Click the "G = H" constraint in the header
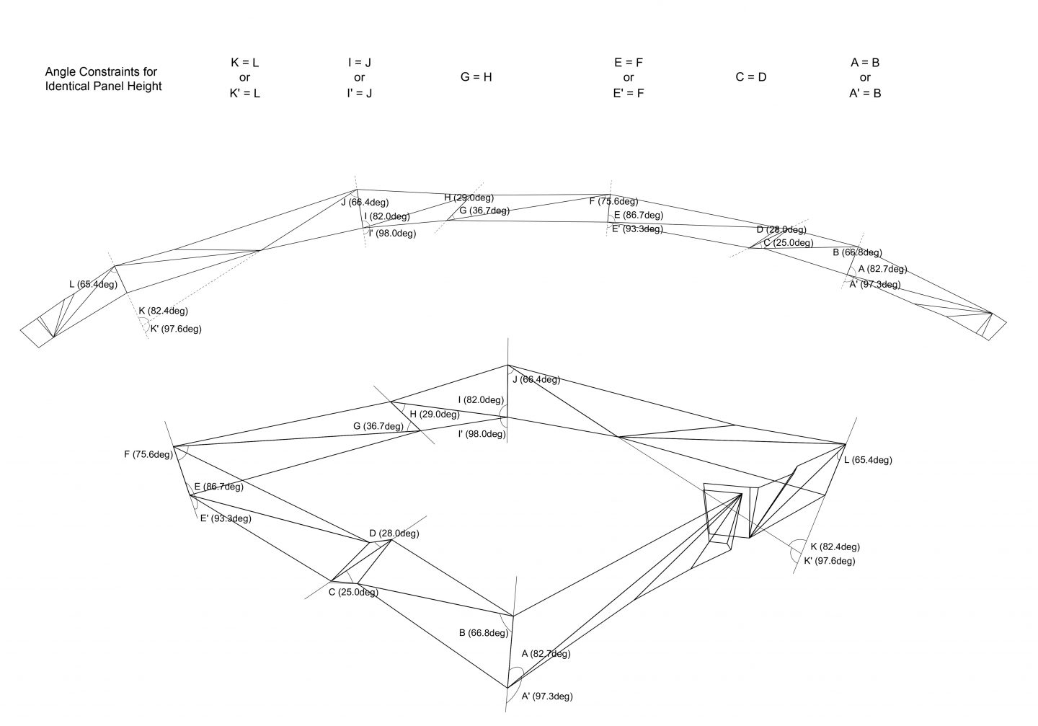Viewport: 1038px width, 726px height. pos(476,77)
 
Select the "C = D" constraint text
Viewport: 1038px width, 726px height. pos(751,77)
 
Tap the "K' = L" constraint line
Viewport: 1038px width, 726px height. pos(244,93)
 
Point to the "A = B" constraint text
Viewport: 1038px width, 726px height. pos(865,62)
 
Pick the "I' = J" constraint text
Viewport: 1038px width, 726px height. pos(359,93)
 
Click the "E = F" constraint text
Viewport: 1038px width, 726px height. pos(628,62)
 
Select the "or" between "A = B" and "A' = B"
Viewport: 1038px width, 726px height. pos(865,77)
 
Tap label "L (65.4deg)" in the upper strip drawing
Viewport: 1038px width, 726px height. pos(93,284)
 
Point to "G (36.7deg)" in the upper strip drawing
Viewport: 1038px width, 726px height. pos(484,211)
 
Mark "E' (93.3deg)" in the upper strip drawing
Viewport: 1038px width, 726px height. pos(637,229)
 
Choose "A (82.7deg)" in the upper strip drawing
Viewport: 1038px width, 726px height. pos(882,269)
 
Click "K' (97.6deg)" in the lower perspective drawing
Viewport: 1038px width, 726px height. pos(829,561)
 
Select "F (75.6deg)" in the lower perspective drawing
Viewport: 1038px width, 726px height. pos(148,454)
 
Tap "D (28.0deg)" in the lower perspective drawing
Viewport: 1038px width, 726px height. pos(394,534)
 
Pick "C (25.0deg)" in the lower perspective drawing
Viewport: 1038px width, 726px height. pos(353,593)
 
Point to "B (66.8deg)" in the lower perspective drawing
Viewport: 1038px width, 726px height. pos(484,634)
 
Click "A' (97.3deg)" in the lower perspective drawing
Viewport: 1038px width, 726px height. pos(547,696)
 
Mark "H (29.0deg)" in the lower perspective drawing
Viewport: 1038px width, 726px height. pos(435,415)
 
